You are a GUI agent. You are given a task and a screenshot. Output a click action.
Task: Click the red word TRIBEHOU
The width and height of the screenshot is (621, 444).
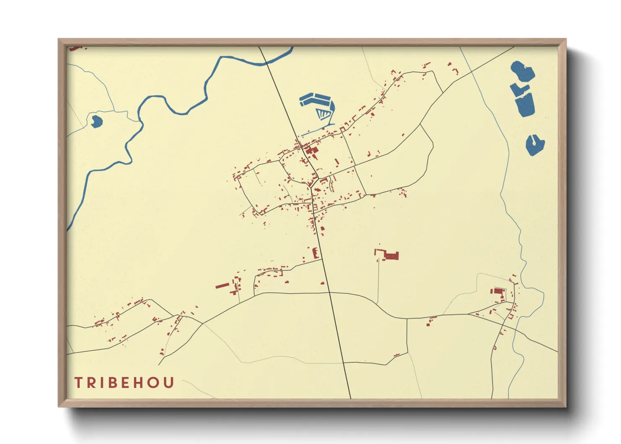click(x=124, y=383)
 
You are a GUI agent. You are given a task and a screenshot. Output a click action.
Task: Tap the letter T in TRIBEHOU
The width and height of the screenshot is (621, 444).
click(x=78, y=383)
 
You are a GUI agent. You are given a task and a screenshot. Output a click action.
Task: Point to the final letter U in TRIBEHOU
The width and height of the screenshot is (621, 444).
click(x=169, y=383)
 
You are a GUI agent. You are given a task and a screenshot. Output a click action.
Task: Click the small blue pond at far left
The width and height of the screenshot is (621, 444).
click(x=97, y=121)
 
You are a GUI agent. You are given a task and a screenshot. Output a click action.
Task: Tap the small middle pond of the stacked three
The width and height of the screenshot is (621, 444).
click(x=519, y=89)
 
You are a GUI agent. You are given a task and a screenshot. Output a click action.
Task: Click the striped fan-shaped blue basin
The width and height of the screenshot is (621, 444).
click(x=325, y=113)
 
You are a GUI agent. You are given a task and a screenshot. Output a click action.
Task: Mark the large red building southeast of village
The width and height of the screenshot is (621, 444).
click(x=391, y=256)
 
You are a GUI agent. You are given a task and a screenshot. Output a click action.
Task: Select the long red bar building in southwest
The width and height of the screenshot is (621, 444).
click(x=222, y=286)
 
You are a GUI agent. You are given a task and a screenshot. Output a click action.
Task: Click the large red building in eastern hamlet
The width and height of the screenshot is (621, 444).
click(x=498, y=291)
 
